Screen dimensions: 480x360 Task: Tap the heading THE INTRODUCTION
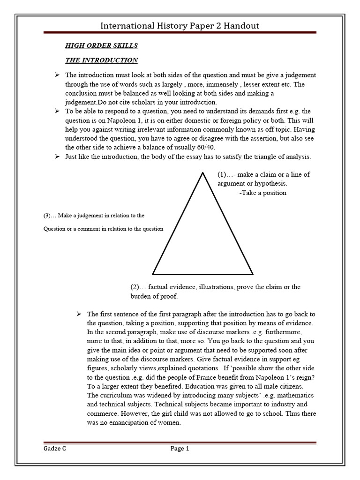[101, 60]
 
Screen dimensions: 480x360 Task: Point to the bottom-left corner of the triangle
[153, 274]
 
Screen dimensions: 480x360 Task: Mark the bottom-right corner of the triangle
[253, 274]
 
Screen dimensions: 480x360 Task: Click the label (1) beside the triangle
[222, 174]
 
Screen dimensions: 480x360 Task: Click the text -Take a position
[262, 193]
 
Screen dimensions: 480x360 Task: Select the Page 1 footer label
[180, 449]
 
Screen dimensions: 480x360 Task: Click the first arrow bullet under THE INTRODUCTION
[57, 75]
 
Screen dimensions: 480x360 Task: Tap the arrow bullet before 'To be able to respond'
[57, 111]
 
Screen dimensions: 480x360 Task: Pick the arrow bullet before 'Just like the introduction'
[57, 156]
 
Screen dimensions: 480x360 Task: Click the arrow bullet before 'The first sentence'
[79, 314]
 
